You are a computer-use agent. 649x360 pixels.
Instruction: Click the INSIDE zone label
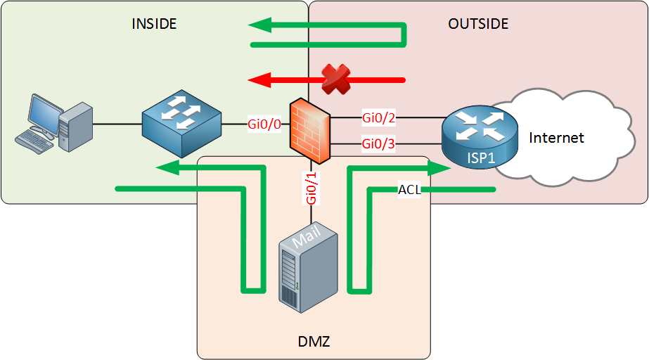pyautogui.click(x=154, y=24)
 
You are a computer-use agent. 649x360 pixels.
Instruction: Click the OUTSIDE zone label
pyautogui.click(x=478, y=24)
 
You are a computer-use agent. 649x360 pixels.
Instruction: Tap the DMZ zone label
pyautogui.click(x=310, y=342)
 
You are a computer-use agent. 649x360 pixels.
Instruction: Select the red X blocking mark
pyautogui.click(x=335, y=79)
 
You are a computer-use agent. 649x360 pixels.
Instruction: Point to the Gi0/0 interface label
pyautogui.click(x=264, y=124)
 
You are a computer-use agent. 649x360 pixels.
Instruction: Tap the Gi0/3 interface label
pyautogui.click(x=379, y=143)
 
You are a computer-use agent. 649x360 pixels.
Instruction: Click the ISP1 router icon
pyautogui.click(x=479, y=135)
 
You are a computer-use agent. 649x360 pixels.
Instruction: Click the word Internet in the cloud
pyautogui.click(x=556, y=137)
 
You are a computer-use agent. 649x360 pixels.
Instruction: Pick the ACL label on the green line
pyautogui.click(x=409, y=190)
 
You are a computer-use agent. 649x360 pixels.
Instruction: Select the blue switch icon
pyautogui.click(x=182, y=125)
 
